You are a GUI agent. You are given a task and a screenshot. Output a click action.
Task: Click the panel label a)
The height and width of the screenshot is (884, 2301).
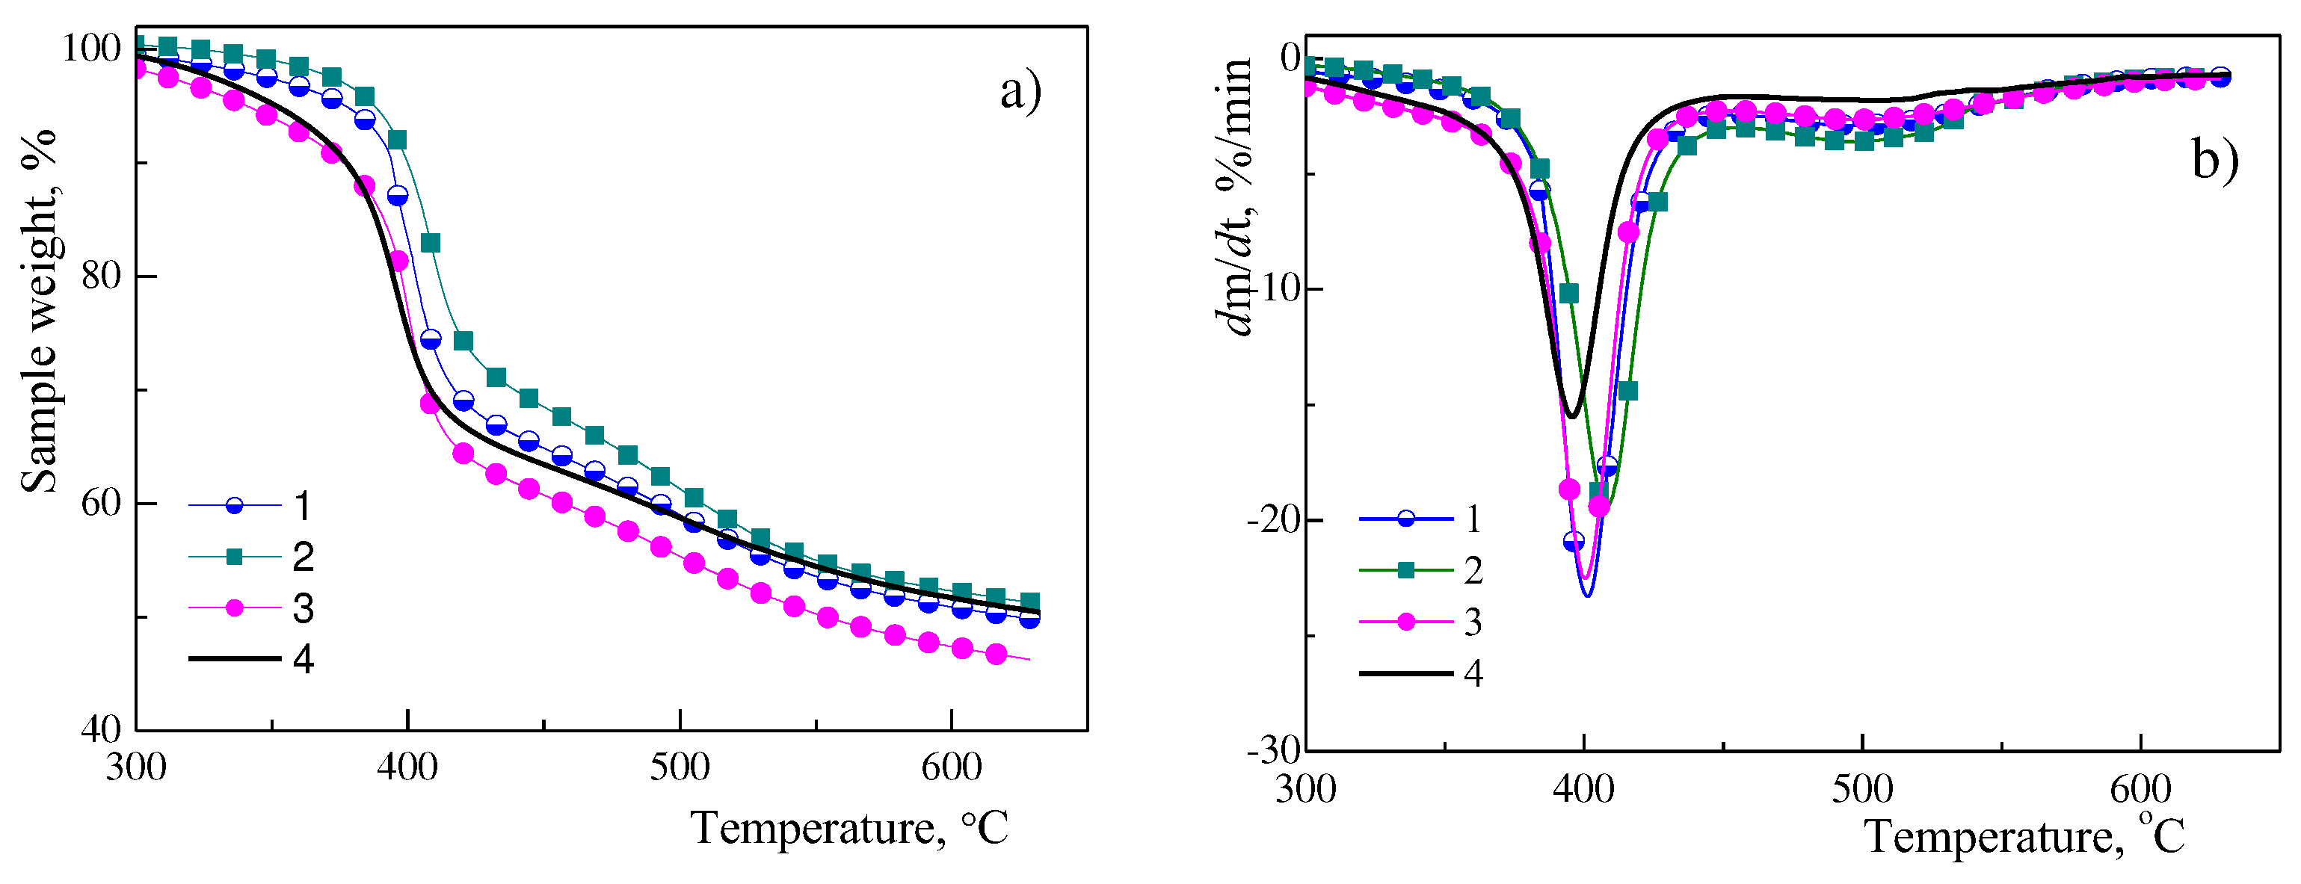1020,92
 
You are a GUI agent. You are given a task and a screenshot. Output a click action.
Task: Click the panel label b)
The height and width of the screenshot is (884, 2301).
2215,161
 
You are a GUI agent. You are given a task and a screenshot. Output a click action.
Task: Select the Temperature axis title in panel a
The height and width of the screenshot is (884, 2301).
849,829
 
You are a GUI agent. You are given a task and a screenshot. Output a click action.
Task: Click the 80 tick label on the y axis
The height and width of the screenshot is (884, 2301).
100,275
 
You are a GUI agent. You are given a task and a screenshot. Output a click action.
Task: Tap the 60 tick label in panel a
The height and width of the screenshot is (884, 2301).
100,503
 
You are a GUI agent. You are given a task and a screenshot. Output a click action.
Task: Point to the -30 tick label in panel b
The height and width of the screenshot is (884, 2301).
1272,750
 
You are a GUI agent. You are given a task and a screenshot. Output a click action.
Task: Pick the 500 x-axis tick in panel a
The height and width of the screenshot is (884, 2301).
679,767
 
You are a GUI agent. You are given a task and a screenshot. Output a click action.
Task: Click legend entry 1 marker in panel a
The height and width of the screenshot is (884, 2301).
234,507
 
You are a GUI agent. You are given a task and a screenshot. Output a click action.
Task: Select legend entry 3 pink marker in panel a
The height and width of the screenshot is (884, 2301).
234,608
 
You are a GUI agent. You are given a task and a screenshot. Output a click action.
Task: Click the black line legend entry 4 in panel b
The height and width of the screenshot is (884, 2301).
1406,673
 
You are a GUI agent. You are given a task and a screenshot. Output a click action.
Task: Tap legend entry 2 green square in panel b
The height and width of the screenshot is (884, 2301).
1406,569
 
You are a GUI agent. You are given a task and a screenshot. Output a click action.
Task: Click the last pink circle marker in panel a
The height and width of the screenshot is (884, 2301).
996,655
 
